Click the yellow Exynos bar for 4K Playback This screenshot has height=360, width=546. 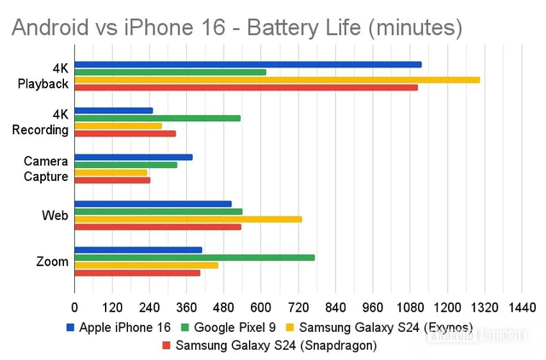[276, 79]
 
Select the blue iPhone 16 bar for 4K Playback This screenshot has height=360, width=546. [247, 64]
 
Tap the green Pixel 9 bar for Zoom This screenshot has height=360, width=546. [195, 258]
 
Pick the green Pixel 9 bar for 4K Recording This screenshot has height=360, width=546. [157, 118]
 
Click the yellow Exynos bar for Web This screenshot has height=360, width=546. [188, 219]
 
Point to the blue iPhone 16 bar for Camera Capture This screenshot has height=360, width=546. [133, 157]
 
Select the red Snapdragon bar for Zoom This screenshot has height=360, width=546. [137, 273]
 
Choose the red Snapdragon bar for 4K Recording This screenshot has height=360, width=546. [125, 133]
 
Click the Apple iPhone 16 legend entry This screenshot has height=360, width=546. [119, 328]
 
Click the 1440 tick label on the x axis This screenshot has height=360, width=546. [521, 307]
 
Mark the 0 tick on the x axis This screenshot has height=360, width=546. [75, 307]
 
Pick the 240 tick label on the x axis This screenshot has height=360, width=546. [149, 307]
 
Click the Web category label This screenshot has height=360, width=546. [55, 215]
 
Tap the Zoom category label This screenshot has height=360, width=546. [52, 262]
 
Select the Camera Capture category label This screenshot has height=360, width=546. [46, 168]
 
